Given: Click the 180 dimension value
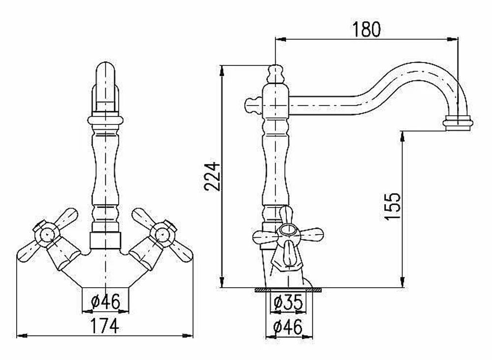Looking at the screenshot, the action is [366, 30].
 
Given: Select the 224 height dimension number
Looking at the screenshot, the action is [212, 176].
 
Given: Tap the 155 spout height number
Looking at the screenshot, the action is [393, 207].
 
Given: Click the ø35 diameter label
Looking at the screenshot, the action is [288, 302].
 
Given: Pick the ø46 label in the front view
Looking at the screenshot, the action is [105, 301].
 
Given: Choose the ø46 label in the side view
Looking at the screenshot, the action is [288, 327].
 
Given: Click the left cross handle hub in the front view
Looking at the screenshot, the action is [47, 234].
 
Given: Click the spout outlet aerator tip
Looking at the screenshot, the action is [458, 123].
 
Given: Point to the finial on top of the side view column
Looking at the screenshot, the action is [275, 74].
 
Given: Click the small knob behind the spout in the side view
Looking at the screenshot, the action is [253, 105].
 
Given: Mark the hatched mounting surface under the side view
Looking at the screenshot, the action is [288, 290].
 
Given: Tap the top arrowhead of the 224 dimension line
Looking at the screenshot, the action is [222, 70].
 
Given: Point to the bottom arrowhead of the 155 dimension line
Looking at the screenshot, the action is [402, 282].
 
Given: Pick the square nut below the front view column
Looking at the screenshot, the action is [105, 240].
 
